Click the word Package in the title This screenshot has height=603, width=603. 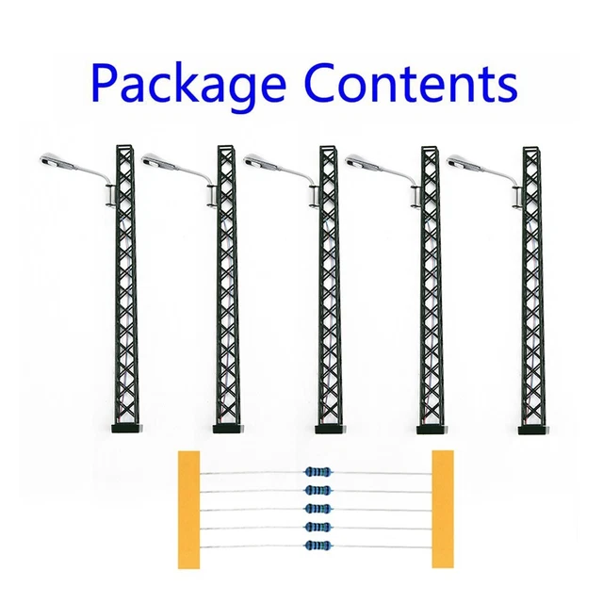point(188,85)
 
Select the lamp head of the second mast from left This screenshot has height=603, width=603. point(160,161)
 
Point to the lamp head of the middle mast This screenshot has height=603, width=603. point(262,161)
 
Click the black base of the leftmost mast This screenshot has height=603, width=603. point(126,428)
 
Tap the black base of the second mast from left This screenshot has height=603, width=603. point(228,429)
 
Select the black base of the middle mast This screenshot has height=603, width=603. point(330,429)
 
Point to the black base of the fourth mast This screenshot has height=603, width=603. point(432,430)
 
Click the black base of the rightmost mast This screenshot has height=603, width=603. point(533,430)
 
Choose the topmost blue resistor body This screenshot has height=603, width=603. point(318,471)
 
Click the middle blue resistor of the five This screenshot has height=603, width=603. point(318,509)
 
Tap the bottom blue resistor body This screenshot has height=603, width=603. point(318,545)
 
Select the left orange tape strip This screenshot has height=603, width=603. point(188,510)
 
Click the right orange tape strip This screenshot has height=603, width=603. point(443,509)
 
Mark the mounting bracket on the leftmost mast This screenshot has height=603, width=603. point(110,196)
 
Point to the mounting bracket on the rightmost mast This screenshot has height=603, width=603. point(517,197)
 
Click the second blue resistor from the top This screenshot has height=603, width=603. point(318,490)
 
